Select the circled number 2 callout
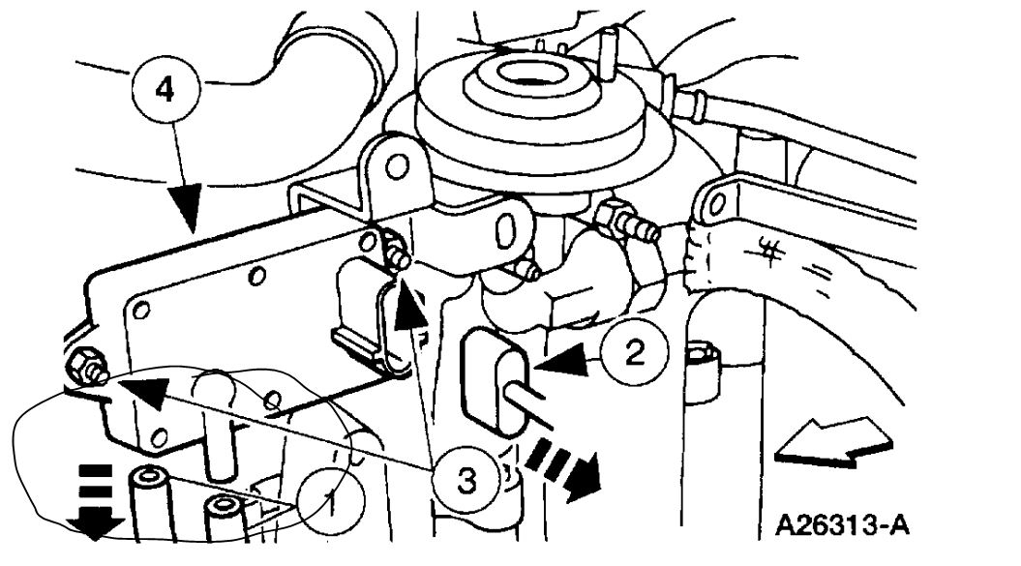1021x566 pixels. (x=632, y=355)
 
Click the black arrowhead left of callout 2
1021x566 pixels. (x=569, y=362)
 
